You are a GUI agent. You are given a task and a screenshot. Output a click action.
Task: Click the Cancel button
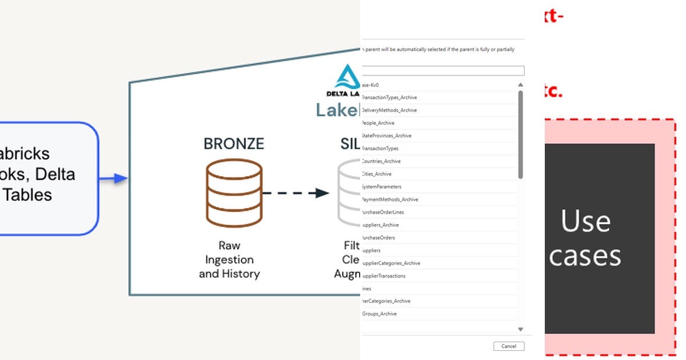508,346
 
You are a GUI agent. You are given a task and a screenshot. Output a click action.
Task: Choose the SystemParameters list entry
382,187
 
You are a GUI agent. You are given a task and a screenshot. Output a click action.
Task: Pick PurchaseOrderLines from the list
383,212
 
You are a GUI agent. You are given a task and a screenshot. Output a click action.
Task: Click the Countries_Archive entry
381,161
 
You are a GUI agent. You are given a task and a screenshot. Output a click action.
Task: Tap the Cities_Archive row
377,174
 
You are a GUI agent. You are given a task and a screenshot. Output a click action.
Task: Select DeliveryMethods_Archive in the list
389,110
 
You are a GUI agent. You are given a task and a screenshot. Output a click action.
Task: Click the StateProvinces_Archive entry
387,135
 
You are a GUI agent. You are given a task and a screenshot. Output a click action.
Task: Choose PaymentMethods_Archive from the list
390,199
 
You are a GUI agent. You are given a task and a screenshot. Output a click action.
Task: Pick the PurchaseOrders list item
378,238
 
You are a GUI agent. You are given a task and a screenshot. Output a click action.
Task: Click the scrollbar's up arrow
520,85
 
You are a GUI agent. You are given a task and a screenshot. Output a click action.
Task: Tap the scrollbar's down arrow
520,329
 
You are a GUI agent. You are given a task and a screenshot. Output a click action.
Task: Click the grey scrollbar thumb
520,134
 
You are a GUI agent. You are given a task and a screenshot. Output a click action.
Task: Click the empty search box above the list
442,71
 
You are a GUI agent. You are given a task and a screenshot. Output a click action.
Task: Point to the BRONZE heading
234,143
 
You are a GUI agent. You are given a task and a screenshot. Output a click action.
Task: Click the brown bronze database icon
234,193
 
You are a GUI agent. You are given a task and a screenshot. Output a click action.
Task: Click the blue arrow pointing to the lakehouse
114,179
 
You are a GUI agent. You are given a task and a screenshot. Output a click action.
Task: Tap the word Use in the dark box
585,221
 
